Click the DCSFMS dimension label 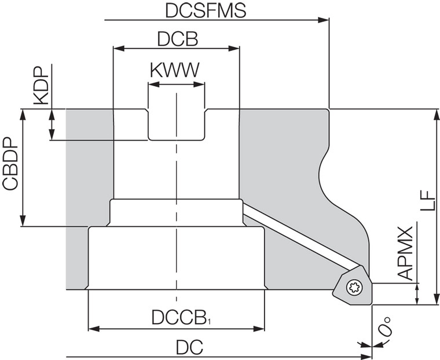(x=205, y=10)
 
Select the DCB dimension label (x=177, y=39)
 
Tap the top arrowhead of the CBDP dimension (x=23, y=113)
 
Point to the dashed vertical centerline (x=176, y=174)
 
